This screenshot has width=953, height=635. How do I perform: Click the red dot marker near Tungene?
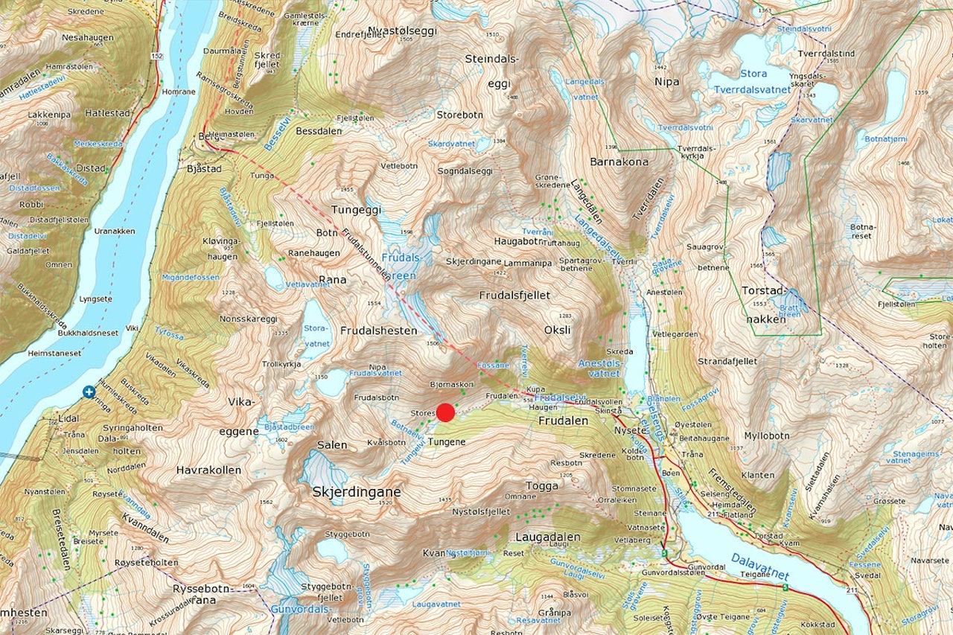[445, 413]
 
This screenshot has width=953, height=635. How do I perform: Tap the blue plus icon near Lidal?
[89, 391]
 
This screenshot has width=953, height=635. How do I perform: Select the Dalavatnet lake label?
[759, 565]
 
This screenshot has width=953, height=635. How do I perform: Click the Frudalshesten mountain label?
[379, 331]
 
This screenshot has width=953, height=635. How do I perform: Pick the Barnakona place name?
[619, 162]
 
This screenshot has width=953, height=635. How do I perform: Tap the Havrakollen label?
[208, 470]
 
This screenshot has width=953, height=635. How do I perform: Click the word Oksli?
[558, 330]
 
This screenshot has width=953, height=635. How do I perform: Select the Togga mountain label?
[542, 486]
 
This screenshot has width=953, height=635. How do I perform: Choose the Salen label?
[332, 445]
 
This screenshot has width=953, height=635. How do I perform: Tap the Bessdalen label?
[319, 132]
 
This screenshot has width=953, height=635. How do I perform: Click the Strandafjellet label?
[727, 361]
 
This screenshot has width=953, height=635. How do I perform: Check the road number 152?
[156, 57]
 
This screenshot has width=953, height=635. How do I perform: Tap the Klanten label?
[758, 475]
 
